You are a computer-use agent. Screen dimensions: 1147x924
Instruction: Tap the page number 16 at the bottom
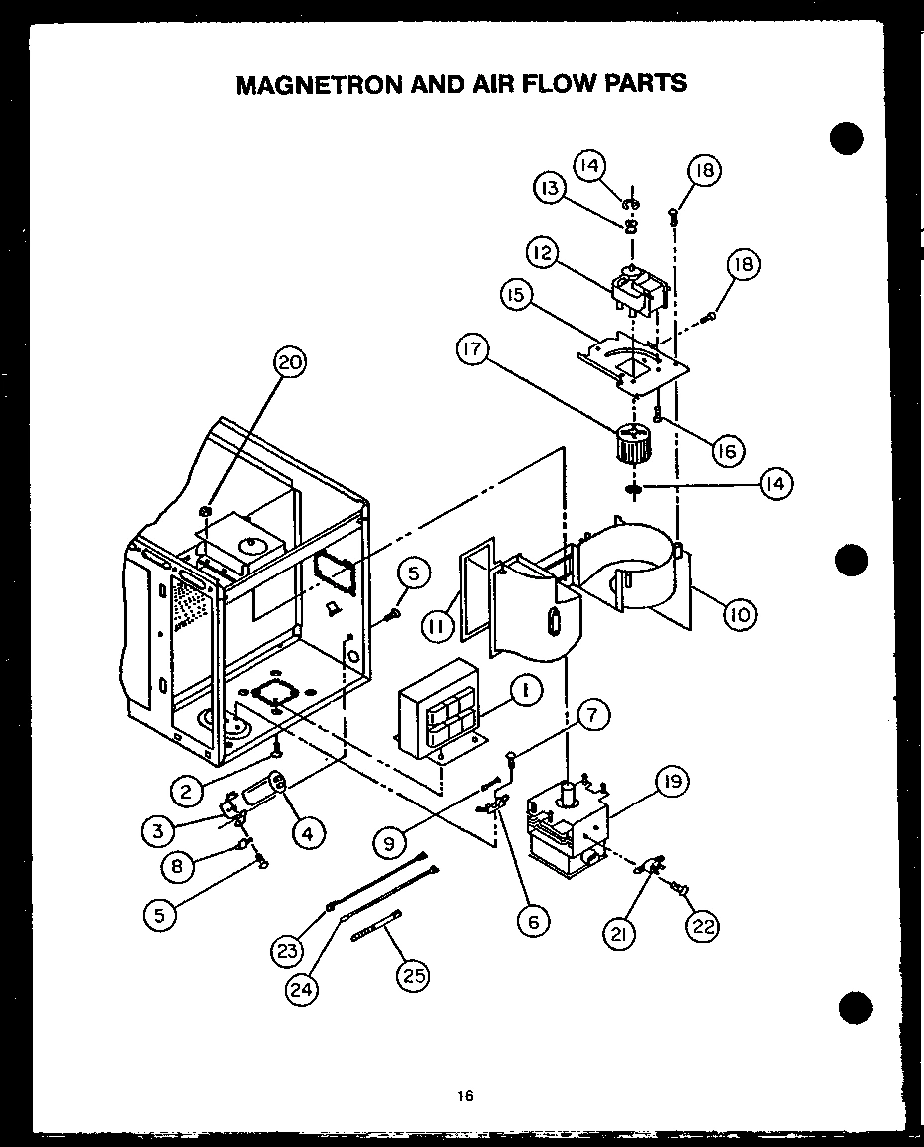[465, 1096]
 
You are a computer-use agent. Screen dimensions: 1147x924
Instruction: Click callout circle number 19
[673, 783]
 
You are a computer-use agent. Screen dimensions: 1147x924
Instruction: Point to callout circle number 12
[543, 254]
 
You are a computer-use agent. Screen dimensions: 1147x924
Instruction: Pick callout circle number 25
[411, 976]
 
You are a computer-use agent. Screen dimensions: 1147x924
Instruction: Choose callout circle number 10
[738, 615]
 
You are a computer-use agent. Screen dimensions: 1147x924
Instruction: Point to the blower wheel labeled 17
[629, 445]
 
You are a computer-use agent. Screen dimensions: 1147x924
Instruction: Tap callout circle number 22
[702, 925]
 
